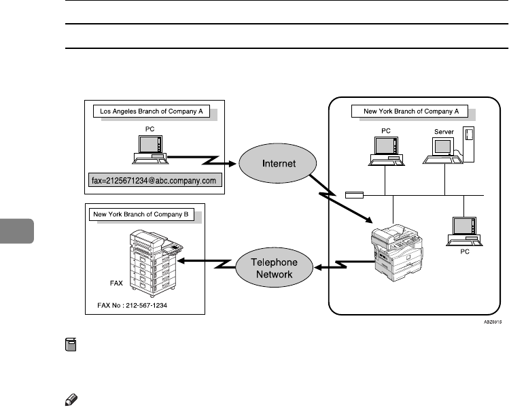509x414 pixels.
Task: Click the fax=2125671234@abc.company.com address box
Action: tap(153, 181)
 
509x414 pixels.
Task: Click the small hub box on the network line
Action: tap(354, 196)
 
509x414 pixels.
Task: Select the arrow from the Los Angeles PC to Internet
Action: tap(204, 162)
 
